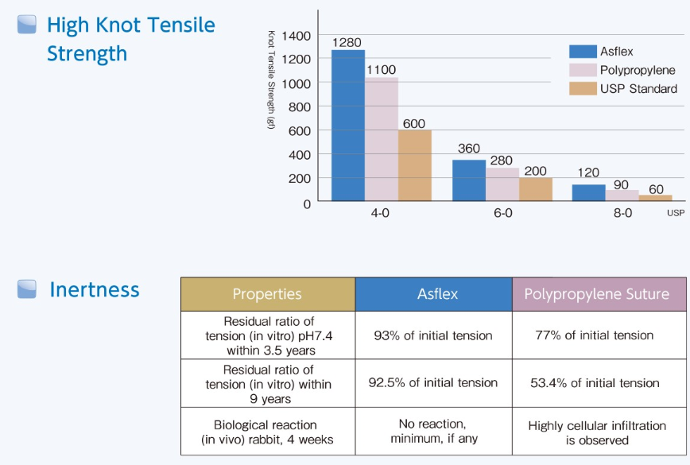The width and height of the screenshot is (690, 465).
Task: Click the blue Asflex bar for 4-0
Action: click(x=347, y=126)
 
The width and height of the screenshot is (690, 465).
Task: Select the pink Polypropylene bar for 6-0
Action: click(x=502, y=184)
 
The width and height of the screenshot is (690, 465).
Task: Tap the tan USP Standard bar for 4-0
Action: click(x=414, y=165)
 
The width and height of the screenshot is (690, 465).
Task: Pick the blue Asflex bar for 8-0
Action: click(x=588, y=192)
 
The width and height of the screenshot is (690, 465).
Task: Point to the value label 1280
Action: click(x=347, y=42)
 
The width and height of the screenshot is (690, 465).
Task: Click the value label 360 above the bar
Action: click(x=468, y=149)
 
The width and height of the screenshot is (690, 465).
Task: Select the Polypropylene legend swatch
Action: click(x=583, y=70)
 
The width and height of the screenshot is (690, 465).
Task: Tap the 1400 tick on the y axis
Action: click(x=296, y=36)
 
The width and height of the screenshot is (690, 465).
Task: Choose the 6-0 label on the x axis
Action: click(x=502, y=214)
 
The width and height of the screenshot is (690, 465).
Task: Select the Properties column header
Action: click(x=267, y=294)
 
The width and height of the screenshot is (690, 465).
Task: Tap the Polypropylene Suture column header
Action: click(x=596, y=294)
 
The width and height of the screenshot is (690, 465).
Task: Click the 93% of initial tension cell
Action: click(x=433, y=335)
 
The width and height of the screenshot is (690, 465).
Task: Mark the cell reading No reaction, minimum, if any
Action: click(x=433, y=432)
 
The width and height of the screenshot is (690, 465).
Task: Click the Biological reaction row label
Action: click(x=266, y=432)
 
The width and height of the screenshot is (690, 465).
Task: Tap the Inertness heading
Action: click(x=94, y=289)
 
